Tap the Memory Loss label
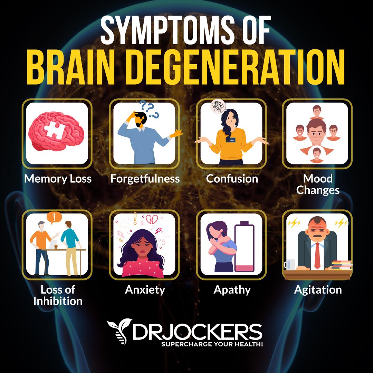(x=58, y=179)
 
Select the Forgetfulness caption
(x=145, y=179)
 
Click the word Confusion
(x=232, y=179)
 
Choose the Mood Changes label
(x=318, y=184)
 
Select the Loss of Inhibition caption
(x=58, y=295)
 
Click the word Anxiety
(x=145, y=289)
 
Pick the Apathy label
(x=232, y=289)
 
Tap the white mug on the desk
(x=289, y=265)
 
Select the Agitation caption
(x=318, y=289)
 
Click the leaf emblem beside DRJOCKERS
(x=119, y=331)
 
